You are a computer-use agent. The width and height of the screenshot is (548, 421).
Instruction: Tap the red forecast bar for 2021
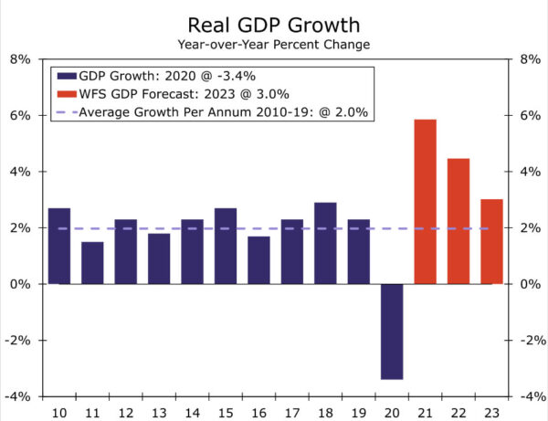click(426, 201)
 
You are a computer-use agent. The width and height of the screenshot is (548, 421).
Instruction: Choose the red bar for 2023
click(491, 241)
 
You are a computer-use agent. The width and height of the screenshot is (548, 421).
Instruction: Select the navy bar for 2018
click(326, 243)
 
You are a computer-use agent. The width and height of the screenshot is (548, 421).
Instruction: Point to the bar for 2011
click(92, 263)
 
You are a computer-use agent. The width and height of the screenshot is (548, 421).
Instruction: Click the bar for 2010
click(59, 246)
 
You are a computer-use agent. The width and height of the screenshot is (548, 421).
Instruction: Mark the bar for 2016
click(259, 260)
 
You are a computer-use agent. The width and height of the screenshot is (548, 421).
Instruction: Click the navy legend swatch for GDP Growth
click(66, 76)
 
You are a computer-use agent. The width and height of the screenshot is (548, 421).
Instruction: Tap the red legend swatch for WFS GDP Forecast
click(66, 94)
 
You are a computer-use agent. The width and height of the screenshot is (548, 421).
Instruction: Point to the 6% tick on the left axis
click(19, 116)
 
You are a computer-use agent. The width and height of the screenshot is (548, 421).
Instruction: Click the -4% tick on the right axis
click(531, 397)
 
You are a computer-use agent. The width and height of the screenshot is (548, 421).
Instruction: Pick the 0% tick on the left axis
click(19, 284)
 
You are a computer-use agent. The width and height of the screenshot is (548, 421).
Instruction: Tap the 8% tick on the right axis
click(531, 59)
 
